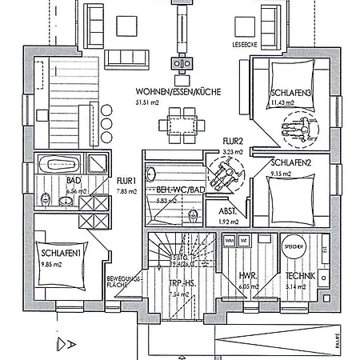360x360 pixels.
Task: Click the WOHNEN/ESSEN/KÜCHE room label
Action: click(178, 92)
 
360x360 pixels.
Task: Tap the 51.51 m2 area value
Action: click(149, 102)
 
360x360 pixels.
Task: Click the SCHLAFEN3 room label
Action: click(289, 92)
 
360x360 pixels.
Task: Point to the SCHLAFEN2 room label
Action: click(290, 162)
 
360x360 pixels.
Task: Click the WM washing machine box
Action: click(229, 240)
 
